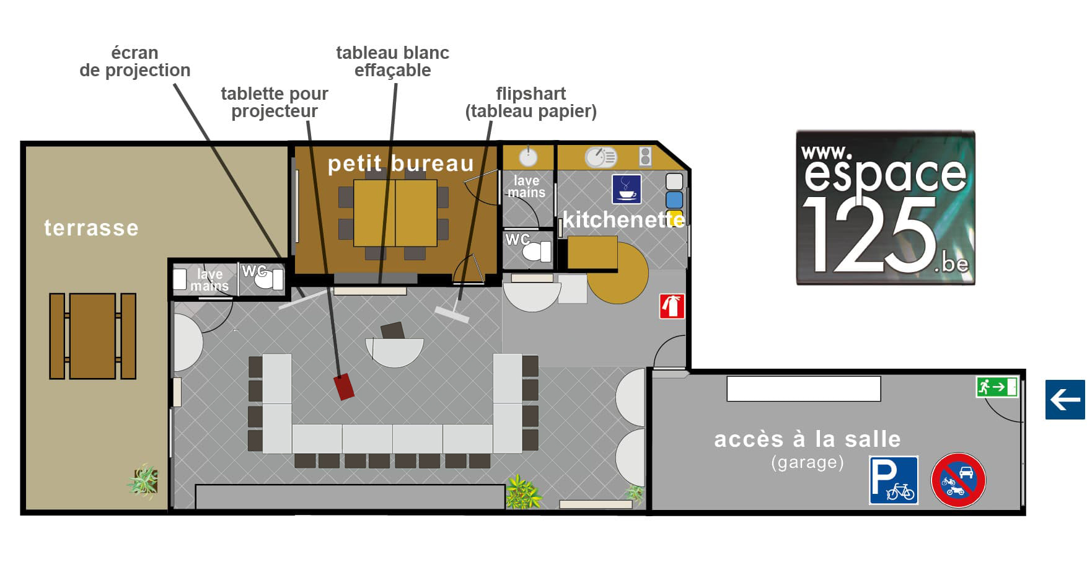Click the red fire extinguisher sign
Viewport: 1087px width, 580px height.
tap(672, 306)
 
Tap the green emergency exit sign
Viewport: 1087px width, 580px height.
tap(997, 387)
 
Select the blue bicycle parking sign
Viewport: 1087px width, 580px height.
tap(893, 480)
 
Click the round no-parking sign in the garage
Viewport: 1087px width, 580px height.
tap(958, 480)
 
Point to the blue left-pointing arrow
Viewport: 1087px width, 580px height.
tap(1065, 400)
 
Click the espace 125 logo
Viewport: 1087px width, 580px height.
tap(886, 208)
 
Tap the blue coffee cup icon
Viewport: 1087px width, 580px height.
tap(627, 188)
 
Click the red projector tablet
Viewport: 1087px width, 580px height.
tap(344, 387)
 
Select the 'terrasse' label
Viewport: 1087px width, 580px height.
tap(91, 228)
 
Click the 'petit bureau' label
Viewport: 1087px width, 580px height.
tap(400, 164)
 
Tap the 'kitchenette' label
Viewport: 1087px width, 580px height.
tap(623, 220)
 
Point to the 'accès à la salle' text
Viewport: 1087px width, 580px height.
tap(808, 439)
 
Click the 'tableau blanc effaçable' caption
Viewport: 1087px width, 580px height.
tap(393, 61)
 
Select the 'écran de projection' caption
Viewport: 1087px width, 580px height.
tap(134, 61)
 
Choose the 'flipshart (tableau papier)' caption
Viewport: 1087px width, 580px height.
tap(531, 102)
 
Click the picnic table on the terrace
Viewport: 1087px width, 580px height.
tap(92, 336)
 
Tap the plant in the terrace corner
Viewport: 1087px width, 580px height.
tap(144, 480)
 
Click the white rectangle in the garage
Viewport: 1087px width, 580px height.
tap(804, 389)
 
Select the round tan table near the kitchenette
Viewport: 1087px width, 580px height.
tap(618, 273)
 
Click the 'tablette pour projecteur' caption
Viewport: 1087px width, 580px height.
tap(275, 102)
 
